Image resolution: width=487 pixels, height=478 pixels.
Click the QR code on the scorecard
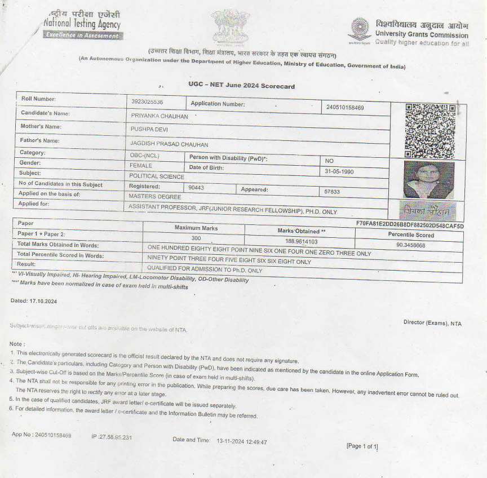click(x=431, y=131)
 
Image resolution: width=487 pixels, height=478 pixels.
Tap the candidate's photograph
click(x=429, y=180)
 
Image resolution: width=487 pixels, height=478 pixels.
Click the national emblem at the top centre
click(x=231, y=26)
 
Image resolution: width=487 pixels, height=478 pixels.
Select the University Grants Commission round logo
click(x=360, y=29)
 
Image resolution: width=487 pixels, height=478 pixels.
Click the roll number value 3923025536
click(x=147, y=102)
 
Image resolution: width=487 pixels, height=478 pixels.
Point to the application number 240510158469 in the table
click(x=345, y=107)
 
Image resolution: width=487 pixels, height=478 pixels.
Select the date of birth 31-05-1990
click(x=339, y=171)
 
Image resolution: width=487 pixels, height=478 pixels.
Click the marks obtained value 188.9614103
click(x=293, y=241)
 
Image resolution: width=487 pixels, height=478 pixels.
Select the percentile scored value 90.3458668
click(x=410, y=245)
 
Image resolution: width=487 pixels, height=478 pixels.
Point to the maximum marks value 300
click(x=196, y=238)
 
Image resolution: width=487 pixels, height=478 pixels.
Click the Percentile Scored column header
click(x=410, y=235)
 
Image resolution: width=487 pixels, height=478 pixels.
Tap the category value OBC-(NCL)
click(x=145, y=155)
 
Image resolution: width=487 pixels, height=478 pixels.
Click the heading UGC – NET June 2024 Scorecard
click(x=241, y=86)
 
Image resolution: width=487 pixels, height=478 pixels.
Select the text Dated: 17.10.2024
click(x=34, y=300)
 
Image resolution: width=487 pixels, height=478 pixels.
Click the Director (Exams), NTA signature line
click(x=432, y=323)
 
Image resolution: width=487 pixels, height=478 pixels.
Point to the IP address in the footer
click(x=112, y=437)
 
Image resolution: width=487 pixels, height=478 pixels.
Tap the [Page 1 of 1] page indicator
click(x=362, y=446)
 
